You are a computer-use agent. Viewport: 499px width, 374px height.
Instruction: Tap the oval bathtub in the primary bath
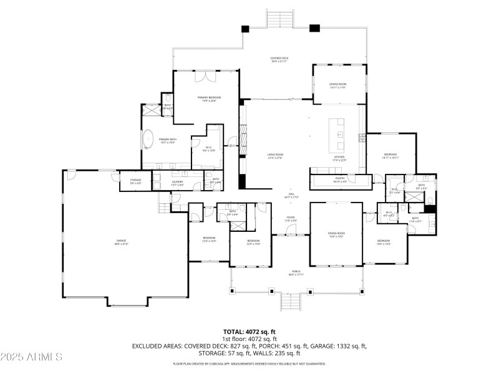(x=149, y=139)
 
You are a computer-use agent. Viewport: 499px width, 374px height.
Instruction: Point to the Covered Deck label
(x=279, y=60)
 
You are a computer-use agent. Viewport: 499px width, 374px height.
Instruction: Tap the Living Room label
(x=275, y=156)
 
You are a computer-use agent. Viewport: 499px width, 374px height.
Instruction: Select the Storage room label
(x=135, y=181)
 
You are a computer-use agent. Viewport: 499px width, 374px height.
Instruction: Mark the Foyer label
(x=290, y=219)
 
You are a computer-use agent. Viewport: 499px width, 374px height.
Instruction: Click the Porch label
(x=296, y=273)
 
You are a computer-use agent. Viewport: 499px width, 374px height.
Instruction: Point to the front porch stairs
(x=291, y=302)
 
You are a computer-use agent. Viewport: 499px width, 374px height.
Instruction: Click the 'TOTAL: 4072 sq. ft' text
(x=249, y=332)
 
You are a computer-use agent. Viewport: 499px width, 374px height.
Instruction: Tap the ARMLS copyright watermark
(x=31, y=357)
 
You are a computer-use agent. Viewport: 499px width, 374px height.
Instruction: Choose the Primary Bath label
(x=167, y=141)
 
